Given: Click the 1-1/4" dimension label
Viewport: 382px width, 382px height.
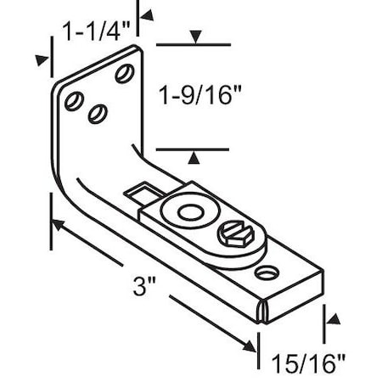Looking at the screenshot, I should (x=95, y=31).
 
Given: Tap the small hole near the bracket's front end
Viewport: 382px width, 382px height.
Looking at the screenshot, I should (x=269, y=273).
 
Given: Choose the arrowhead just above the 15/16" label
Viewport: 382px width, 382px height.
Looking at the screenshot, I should (x=331, y=321).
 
